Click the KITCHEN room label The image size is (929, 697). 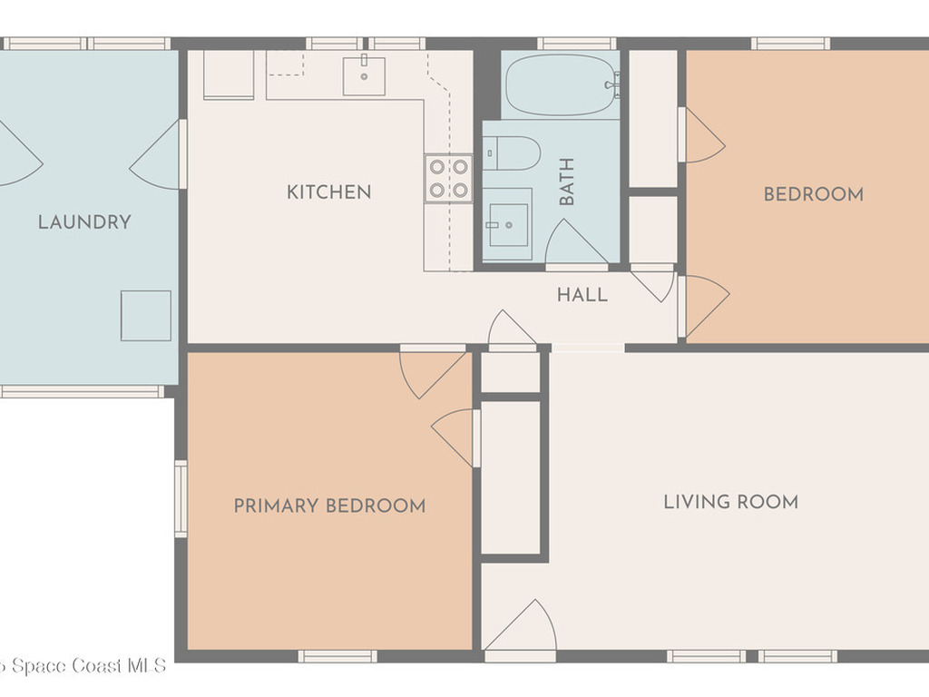coord(328,192)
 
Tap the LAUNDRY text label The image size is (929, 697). coord(84,222)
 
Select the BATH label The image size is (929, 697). coord(567,182)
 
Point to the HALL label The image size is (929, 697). coord(582,295)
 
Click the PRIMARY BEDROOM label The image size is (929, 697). coord(329,506)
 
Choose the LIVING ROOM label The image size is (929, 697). coord(730,502)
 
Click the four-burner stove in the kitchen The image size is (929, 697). coord(448,179)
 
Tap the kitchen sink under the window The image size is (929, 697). coord(364,76)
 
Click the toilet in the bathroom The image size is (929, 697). coord(512,153)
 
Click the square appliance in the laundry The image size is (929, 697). coord(146,316)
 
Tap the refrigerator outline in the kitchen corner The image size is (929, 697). coord(229,74)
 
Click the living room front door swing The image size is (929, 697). coord(522,626)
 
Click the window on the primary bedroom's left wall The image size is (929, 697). coord(181,499)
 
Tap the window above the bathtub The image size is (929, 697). coord(577,44)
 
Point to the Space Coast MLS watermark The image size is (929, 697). coord(83,665)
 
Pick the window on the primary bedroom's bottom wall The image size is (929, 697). coord(337,656)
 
